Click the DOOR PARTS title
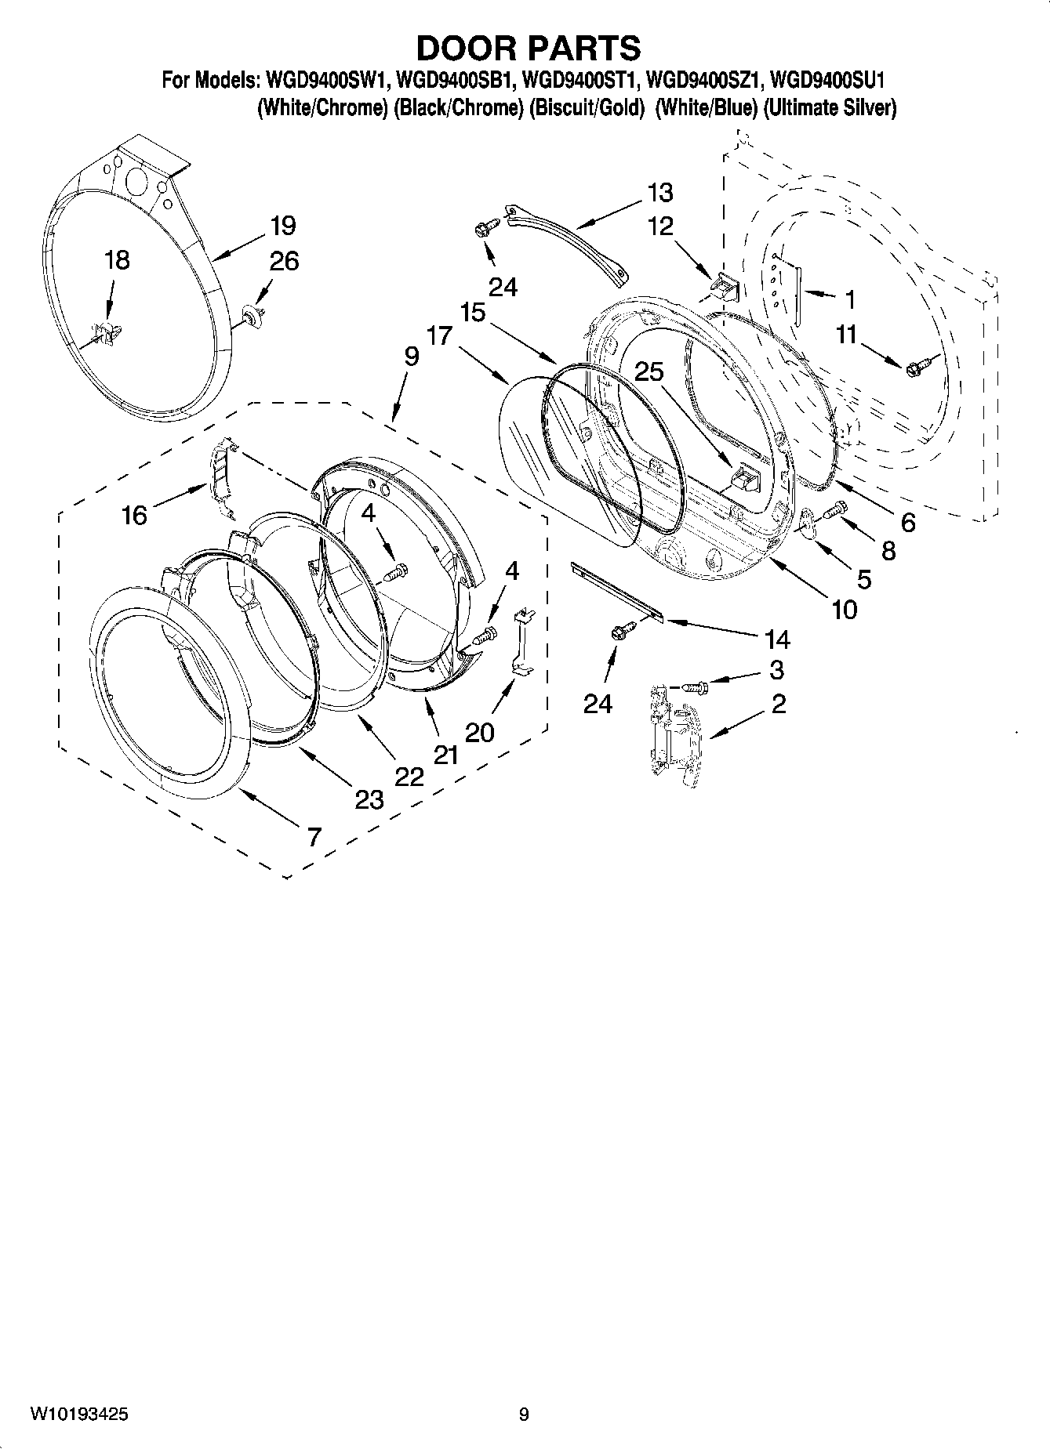pyautogui.click(x=528, y=49)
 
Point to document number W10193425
pyautogui.click(x=79, y=1414)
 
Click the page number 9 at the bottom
pyautogui.click(x=524, y=1414)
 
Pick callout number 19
pyautogui.click(x=282, y=226)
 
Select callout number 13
pyautogui.click(x=660, y=192)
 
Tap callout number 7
pyautogui.click(x=314, y=837)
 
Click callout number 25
pyautogui.click(x=649, y=371)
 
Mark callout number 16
pyautogui.click(x=134, y=515)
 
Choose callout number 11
pyautogui.click(x=845, y=335)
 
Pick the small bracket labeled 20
pyautogui.click(x=521, y=639)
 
